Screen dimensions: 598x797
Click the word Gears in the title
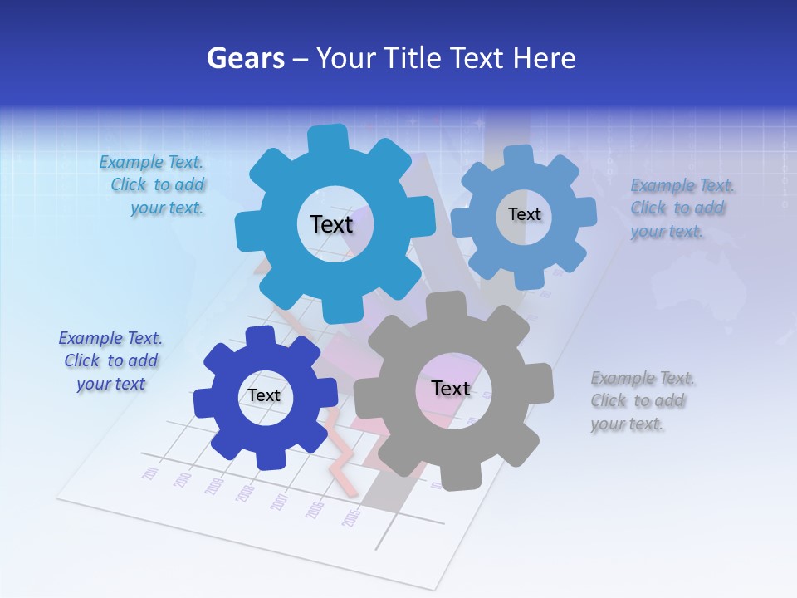click(244, 58)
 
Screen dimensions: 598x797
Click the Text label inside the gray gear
click(451, 389)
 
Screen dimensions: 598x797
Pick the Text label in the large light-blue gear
click(331, 224)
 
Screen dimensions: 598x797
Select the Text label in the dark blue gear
click(264, 395)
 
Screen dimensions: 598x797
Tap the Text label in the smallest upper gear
click(525, 214)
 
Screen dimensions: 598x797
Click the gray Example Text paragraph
click(642, 401)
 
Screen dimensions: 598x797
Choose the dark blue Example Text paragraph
click(110, 361)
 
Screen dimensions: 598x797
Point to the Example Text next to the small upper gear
click(681, 208)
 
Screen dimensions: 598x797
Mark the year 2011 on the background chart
click(150, 474)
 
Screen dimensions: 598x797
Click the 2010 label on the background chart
click(183, 481)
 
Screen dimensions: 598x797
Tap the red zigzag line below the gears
click(341, 465)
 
